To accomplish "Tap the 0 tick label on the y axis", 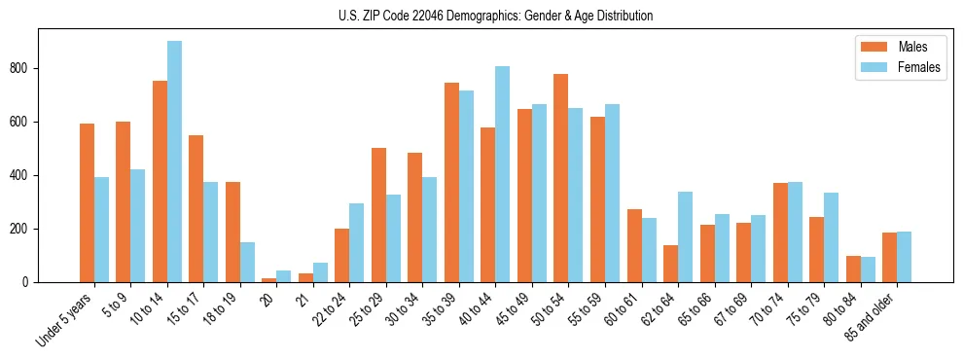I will (31, 282).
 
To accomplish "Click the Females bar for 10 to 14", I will (174, 162).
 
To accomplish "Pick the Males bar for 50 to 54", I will (561, 178).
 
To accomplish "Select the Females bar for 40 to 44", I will (503, 174).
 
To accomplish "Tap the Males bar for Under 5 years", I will (88, 202).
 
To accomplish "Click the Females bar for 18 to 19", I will (248, 262).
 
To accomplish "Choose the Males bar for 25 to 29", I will (378, 215).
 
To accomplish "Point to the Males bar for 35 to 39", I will (451, 182).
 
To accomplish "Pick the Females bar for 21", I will (321, 272).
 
